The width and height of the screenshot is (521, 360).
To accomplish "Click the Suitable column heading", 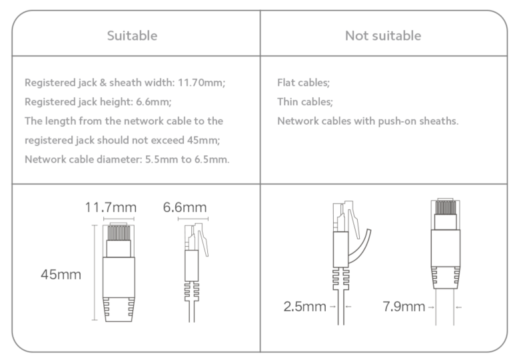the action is click(132, 35).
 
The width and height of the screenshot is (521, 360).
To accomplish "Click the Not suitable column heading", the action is click(383, 35).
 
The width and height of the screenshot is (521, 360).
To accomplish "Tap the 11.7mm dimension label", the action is click(111, 207).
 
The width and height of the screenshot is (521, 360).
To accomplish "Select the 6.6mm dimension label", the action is click(185, 207).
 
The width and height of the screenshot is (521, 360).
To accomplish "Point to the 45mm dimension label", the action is click(61, 275).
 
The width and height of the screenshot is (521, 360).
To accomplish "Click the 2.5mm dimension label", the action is click(304, 307).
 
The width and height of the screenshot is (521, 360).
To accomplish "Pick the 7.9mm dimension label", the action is click(404, 307).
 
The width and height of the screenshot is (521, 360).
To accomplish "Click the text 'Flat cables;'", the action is click(303, 83).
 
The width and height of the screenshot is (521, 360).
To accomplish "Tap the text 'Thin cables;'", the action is click(305, 102).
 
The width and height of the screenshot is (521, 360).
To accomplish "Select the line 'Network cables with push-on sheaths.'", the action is click(368, 121).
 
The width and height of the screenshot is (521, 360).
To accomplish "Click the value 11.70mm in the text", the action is click(201, 83).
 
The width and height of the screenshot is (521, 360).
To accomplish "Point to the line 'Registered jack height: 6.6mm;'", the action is click(98, 102).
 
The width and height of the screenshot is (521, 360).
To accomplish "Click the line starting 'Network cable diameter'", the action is click(127, 159).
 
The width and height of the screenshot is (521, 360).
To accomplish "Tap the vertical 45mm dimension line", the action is click(95, 273).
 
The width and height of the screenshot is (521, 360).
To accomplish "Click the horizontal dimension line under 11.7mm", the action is click(119, 219).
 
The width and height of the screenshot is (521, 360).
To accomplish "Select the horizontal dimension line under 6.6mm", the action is click(193, 219).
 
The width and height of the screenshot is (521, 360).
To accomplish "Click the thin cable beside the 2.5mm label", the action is click(341, 307).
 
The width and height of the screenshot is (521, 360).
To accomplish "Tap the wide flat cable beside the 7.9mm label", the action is click(444, 307).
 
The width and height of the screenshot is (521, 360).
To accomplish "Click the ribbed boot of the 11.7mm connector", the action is click(119, 309).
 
